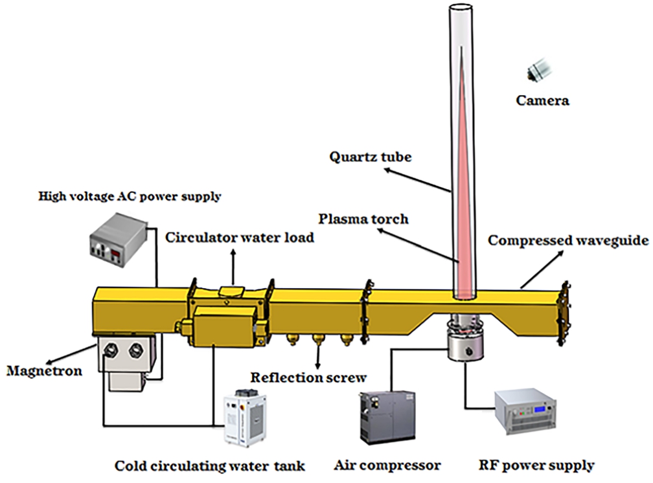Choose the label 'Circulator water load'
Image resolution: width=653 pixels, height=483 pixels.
(240, 238)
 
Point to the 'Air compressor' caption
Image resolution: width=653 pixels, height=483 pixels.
(387, 465)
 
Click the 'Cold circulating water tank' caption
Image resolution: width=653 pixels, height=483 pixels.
(210, 466)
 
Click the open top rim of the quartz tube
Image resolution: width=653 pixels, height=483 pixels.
(461, 8)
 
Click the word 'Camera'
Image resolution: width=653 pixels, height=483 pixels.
(543, 100)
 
